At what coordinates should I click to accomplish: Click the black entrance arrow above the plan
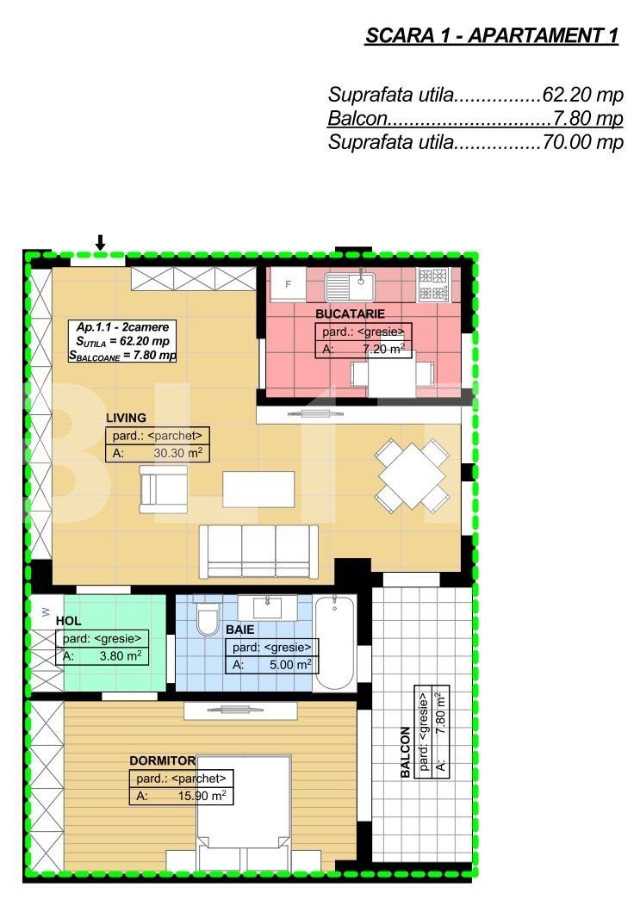pos(100,243)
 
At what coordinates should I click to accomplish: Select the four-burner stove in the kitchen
pos(433,284)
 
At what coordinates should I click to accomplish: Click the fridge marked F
pos(289,284)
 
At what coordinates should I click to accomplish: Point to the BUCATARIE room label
pos(350,313)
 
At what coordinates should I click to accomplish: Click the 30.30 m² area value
pos(177,453)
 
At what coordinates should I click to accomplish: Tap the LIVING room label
pos(126,418)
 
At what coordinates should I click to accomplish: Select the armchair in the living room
pos(163,489)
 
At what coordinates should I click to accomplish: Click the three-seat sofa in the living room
pos(258,551)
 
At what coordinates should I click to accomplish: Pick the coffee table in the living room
pos(258,489)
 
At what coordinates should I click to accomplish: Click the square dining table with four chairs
pos(413,475)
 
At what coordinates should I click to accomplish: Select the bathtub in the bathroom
pos(335,642)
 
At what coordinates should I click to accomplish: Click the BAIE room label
pos(240,630)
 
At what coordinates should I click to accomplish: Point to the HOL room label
pos(68,621)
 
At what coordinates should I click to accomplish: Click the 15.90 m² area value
pos(202,796)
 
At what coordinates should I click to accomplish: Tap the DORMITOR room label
pos(163,761)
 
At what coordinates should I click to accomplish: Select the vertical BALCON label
pos(405,752)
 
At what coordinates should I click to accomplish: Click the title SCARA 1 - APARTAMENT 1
pos(492,36)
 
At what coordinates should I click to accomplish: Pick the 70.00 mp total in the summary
pos(583,142)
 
